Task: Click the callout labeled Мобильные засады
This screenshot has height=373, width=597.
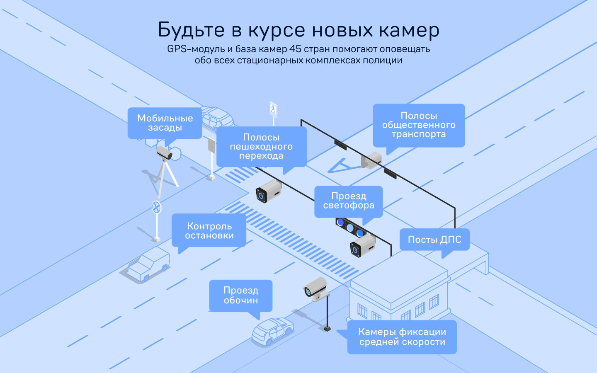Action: pos(165,123)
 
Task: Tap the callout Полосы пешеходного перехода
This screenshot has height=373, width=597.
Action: pos(261,147)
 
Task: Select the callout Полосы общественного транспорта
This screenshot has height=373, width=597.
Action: pos(419,125)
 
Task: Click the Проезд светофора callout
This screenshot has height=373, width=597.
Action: pos(348,201)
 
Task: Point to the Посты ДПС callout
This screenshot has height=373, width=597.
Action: pos(434,240)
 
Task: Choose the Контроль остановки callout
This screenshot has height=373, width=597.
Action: pos(209,231)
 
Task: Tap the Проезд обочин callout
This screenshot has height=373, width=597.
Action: pos(240,295)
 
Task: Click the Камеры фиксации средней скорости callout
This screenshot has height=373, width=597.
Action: pos(402,337)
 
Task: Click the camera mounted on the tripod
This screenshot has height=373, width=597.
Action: pos(165,153)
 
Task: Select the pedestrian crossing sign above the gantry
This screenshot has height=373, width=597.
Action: pos(273,109)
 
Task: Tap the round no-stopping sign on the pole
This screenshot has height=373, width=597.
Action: pos(156,207)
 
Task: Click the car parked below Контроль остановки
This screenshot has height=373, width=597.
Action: pos(148,265)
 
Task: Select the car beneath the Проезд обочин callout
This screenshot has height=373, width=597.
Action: pos(272,331)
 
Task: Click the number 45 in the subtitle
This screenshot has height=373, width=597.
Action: pos(295,49)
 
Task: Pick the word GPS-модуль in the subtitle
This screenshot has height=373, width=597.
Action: pos(196,49)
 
